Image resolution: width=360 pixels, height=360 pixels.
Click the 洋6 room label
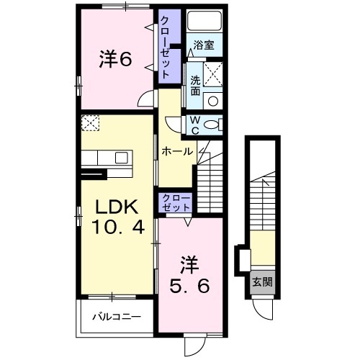(115, 60)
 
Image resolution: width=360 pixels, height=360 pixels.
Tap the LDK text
(117, 208)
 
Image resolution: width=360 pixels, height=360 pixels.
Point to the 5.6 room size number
(190, 285)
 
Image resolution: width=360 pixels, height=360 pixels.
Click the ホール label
(176, 151)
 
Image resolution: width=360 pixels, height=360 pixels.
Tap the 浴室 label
(204, 45)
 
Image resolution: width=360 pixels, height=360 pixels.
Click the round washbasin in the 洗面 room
(213, 100)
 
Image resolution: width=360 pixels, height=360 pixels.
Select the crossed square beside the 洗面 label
(214, 73)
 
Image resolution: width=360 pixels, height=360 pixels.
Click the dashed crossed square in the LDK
(91, 124)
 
